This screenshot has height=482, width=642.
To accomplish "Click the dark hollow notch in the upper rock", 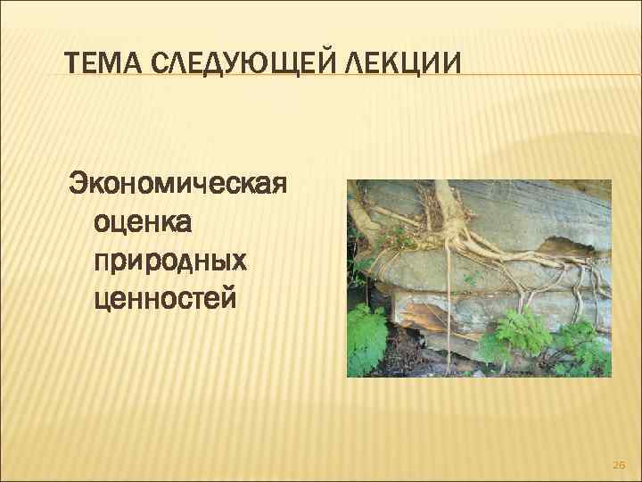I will pos(561,245).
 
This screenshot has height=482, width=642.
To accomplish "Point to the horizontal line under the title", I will pos(267,74).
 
